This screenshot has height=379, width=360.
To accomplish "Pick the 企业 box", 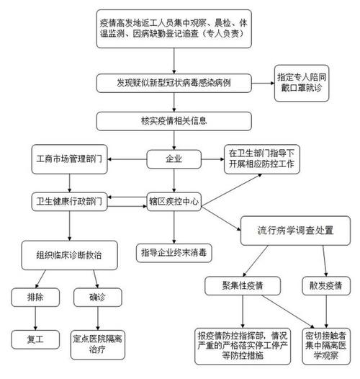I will pos(172,158).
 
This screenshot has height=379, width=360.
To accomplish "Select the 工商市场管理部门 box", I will pos(69,158).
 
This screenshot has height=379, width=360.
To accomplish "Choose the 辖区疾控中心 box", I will pos(172,200).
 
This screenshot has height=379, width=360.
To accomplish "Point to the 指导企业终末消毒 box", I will pos(173,252).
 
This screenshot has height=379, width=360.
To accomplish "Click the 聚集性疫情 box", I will pos(243,285).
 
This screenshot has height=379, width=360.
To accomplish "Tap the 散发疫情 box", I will pos(323,285).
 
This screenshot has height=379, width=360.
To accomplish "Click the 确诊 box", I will pos(95,295).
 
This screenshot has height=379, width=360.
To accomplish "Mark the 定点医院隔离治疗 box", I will pos(95,341).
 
